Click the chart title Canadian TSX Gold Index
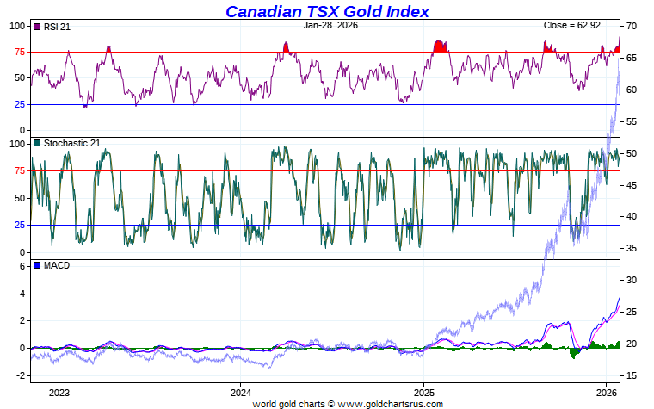[x=327, y=11]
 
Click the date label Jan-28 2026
[x=331, y=26]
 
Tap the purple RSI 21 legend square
[x=36, y=27]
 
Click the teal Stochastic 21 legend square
[x=36, y=143]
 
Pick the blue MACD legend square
[x=36, y=265]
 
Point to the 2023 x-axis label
[x=59, y=393]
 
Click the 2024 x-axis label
[x=241, y=393]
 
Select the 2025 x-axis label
[x=423, y=393]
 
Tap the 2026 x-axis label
[x=606, y=393]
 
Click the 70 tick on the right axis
[x=631, y=27]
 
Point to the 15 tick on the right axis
[x=631, y=376]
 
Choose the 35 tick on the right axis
[x=631, y=249]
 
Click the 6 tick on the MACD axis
[x=24, y=267]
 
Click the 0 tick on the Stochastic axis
[x=24, y=252]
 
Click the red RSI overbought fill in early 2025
[x=440, y=46]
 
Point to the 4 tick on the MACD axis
[x=24, y=294]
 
